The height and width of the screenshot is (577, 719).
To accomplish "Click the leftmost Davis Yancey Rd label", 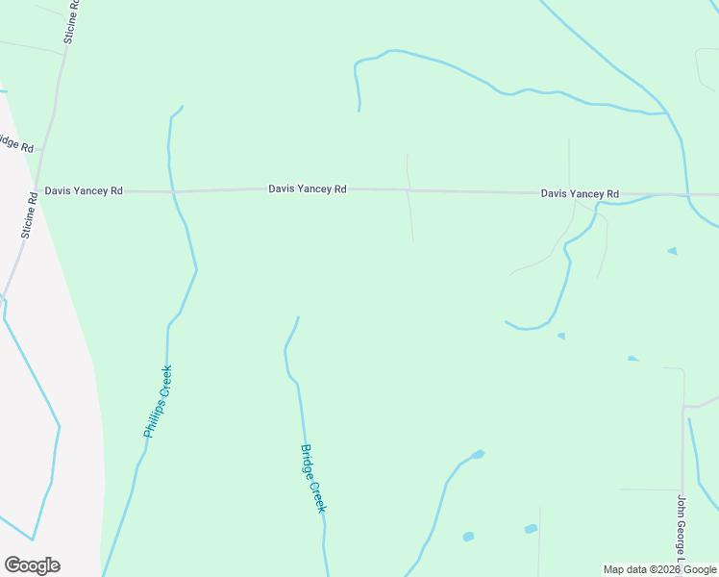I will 84,191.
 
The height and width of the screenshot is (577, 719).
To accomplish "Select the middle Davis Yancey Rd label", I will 307,189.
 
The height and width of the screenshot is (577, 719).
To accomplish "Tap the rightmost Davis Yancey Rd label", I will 580,193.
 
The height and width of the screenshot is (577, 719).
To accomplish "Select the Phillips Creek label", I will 158,401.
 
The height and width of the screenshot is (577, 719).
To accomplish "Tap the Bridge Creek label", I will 313,478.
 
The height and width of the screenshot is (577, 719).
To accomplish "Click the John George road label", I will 682,530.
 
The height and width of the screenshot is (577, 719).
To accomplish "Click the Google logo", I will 32,565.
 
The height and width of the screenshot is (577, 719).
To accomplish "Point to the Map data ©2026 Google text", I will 660,569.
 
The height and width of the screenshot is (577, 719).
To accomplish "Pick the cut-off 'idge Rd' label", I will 16,145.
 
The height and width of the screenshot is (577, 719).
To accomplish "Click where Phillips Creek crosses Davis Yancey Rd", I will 173,191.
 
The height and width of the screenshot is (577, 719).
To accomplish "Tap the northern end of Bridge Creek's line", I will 298,317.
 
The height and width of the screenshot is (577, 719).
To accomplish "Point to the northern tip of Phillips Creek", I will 182,107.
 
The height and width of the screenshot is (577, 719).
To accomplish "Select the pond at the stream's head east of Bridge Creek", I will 478,454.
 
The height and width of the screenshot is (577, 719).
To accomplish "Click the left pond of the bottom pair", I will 468,537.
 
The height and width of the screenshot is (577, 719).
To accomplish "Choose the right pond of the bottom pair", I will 531,529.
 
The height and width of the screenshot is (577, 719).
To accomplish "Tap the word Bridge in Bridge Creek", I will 309,460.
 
